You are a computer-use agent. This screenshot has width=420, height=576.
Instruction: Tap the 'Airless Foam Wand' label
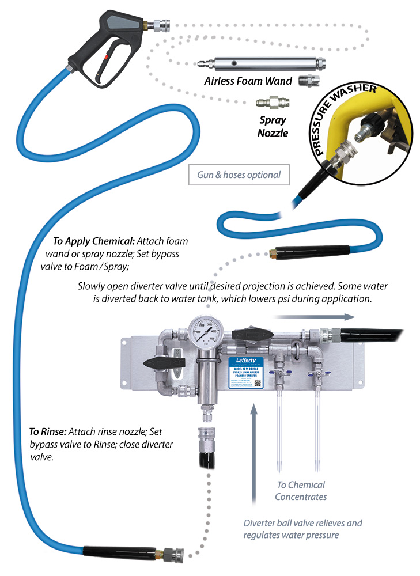(248, 81)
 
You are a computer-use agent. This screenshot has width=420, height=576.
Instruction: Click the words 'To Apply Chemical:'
(89, 241)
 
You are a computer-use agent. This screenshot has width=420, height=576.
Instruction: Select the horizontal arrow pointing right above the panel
(313, 316)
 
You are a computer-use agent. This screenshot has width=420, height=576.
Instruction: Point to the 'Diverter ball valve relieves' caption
(302, 523)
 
